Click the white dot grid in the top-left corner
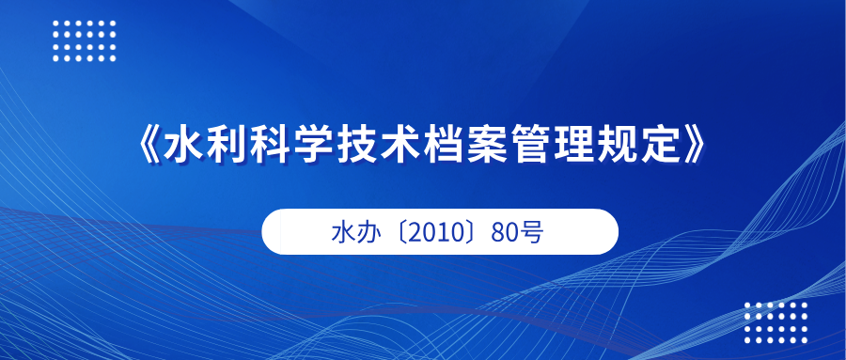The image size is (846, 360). coord(85,39)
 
